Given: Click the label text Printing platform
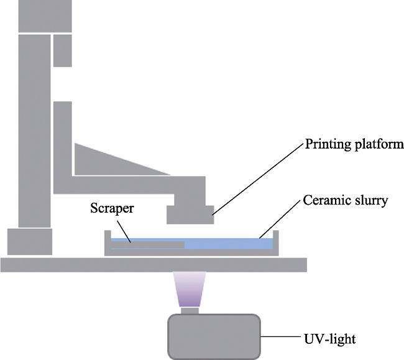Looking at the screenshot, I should [354, 145].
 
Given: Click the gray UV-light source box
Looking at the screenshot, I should [214, 336].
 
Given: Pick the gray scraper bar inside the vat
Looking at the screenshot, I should [149, 245].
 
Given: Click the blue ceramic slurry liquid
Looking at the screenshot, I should [230, 244].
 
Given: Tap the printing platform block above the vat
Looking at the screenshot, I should [190, 213].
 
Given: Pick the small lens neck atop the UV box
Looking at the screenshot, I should [189, 311].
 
